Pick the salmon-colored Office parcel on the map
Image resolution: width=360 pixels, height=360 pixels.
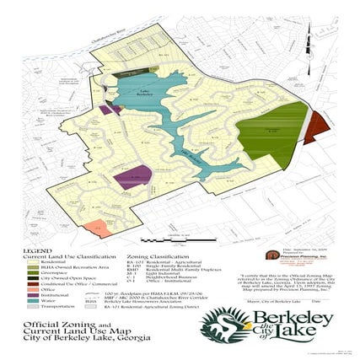click(97, 228)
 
